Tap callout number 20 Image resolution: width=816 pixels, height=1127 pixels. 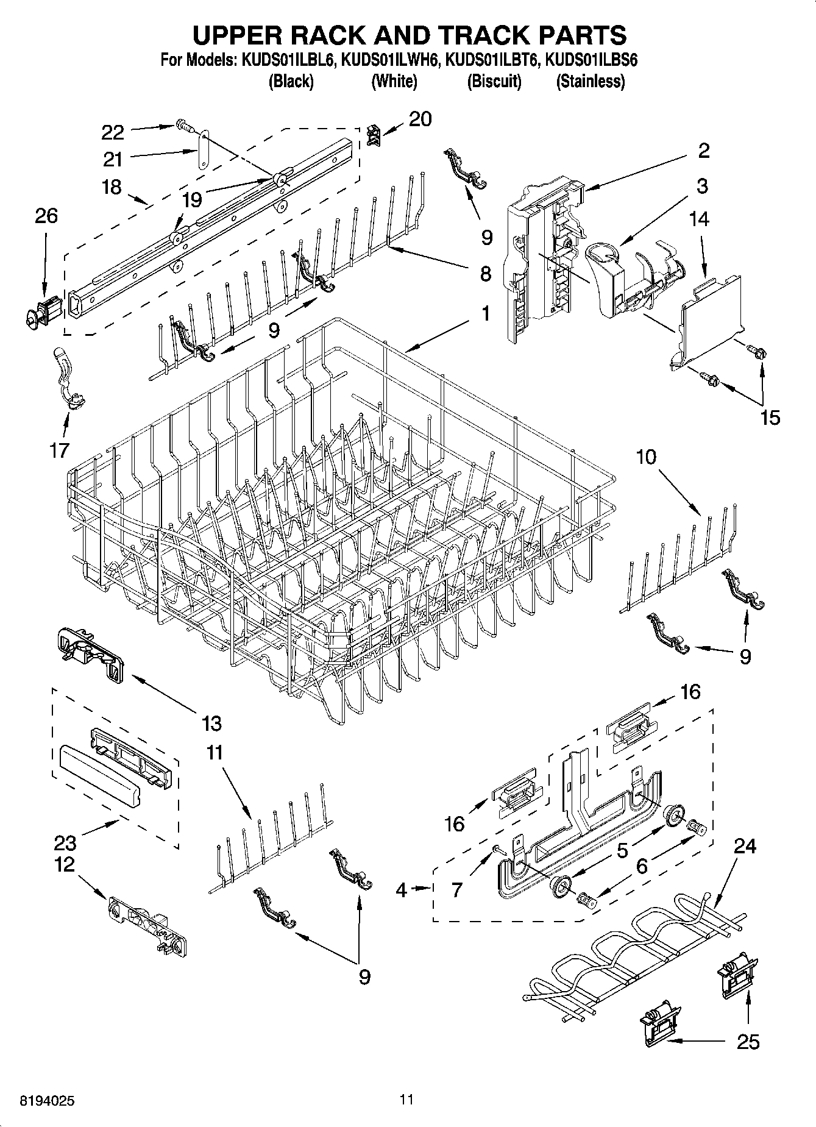pyautogui.click(x=419, y=119)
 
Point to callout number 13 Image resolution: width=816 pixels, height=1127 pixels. pyautogui.click(x=211, y=723)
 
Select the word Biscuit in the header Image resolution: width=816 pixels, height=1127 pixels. pyautogui.click(x=494, y=81)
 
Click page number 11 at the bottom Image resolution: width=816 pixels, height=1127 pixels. pyautogui.click(x=406, y=1100)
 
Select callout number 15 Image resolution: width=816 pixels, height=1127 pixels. pyautogui.click(x=770, y=418)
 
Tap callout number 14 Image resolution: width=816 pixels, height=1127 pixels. pyautogui.click(x=699, y=219)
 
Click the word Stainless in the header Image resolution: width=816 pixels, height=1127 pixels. pyautogui.click(x=590, y=81)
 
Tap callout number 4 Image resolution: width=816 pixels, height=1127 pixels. pyautogui.click(x=400, y=890)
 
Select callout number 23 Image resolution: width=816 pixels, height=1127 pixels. pyautogui.click(x=65, y=843)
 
